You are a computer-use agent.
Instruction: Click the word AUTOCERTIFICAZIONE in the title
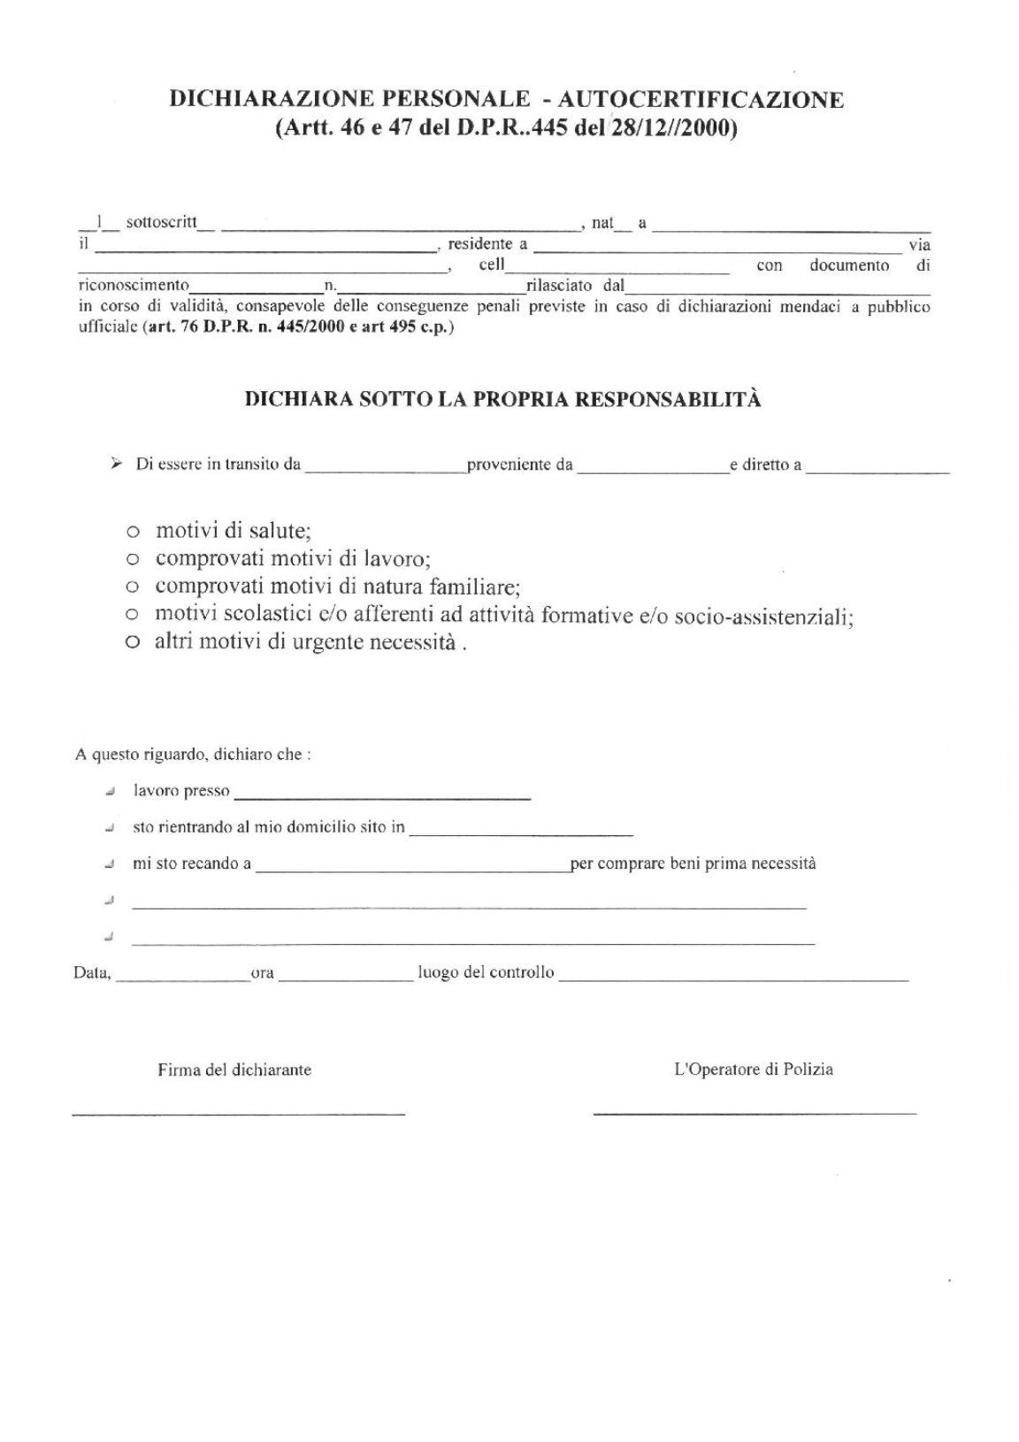click(701, 99)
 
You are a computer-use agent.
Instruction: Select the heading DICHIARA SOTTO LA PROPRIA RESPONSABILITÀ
click(502, 399)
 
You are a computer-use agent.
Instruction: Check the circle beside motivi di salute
click(133, 533)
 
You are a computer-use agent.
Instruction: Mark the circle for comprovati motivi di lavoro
click(133, 560)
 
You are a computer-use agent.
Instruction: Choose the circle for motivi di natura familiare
click(133, 587)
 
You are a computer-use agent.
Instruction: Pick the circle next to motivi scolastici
click(133, 615)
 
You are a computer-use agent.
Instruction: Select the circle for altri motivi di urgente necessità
click(133, 643)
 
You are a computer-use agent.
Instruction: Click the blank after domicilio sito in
click(521, 831)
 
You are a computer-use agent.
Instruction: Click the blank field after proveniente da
click(652, 468)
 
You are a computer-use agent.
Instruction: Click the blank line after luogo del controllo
click(733, 976)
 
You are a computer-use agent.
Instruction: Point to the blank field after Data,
click(183, 977)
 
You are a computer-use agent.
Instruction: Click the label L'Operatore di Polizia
click(754, 1070)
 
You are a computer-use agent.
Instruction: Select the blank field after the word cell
click(617, 268)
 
